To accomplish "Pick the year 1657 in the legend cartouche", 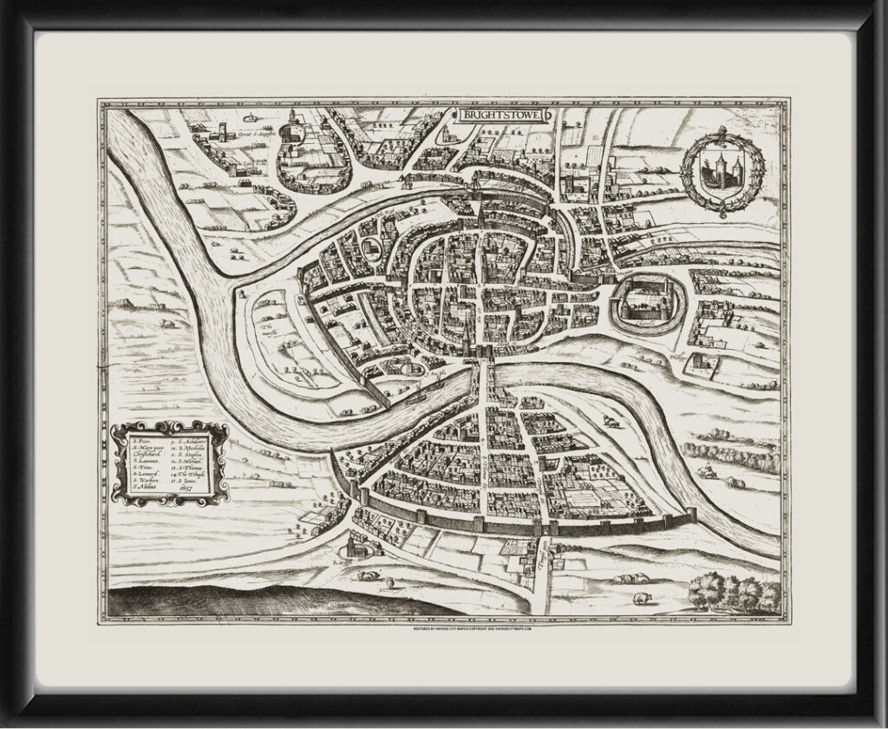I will click(x=183, y=489).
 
